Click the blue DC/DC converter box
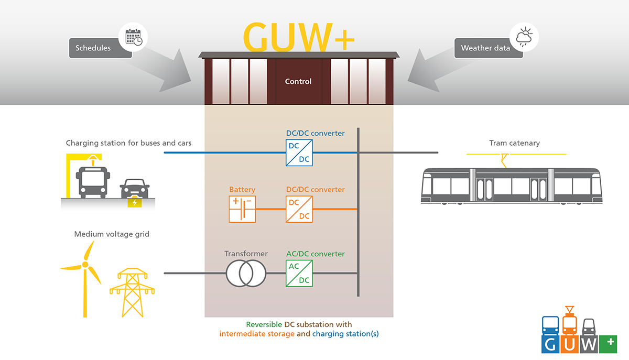299,153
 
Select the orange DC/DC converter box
299,209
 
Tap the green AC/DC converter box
299,273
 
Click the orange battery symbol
242,209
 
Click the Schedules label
93,48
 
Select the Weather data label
485,48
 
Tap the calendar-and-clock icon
134,37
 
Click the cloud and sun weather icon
524,37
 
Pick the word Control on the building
298,81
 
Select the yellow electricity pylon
132,292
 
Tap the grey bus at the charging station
93,182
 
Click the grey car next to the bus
135,189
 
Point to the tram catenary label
514,143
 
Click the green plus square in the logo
608,344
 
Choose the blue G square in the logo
550,344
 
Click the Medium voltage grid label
112,234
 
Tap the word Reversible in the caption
264,324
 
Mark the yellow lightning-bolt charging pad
135,202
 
